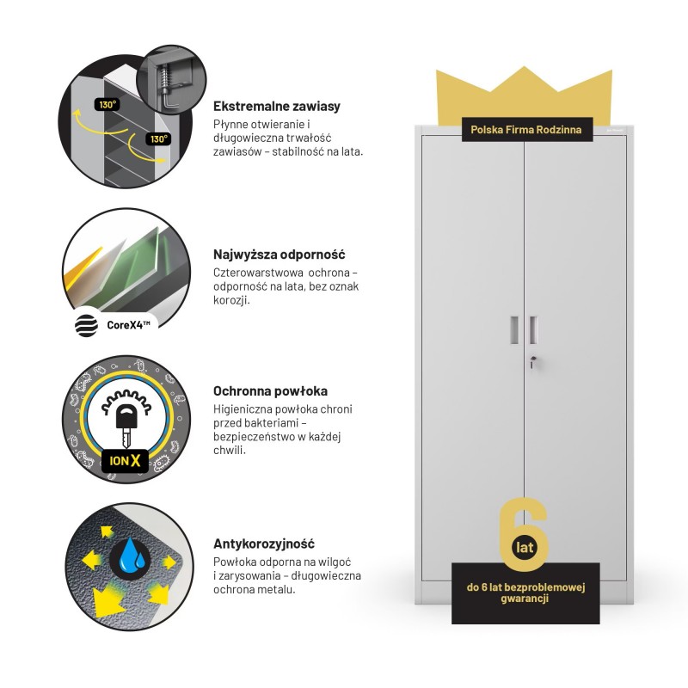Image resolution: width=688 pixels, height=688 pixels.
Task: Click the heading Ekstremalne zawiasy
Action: (276, 106)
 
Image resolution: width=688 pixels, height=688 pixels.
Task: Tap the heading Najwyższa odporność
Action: (279, 254)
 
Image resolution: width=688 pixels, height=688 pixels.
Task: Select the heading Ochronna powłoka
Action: (270, 391)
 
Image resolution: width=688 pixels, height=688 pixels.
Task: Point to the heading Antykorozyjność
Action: (264, 544)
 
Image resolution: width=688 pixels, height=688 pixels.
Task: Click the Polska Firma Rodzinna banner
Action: (526, 130)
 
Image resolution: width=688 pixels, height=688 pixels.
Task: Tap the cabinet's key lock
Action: (532, 362)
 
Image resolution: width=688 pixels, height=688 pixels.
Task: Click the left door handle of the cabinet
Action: (514, 329)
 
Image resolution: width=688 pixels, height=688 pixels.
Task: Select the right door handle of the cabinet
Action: (532, 329)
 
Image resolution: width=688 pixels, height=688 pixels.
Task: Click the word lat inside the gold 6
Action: (525, 547)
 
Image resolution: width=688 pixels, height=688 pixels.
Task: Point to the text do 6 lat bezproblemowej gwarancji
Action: (525, 593)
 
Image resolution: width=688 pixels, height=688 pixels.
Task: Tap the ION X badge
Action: (125, 461)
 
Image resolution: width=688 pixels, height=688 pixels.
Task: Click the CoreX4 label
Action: (128, 325)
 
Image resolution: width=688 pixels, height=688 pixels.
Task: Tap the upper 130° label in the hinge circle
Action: (107, 105)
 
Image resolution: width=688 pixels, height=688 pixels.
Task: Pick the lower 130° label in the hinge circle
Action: (158, 139)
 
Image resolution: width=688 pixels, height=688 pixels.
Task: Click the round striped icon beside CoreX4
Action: (87, 326)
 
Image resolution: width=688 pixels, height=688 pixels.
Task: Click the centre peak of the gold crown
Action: (524, 67)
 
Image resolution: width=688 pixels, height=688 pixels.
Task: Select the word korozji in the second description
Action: (231, 300)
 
